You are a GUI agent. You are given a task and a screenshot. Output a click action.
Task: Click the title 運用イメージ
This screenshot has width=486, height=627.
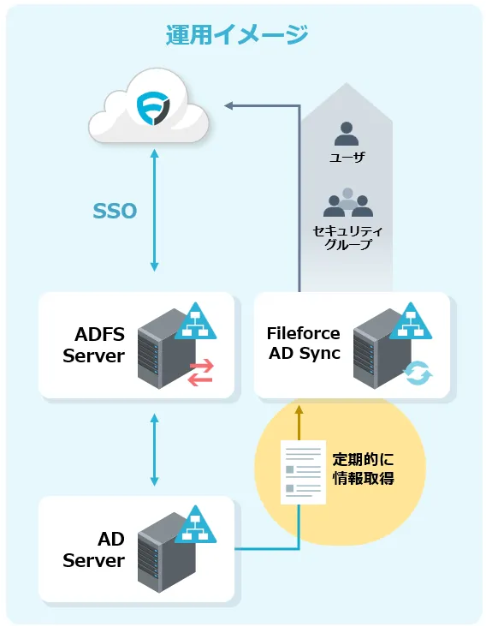click(237, 34)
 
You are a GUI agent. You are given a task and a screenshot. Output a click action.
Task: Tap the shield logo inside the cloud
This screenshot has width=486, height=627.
click(153, 108)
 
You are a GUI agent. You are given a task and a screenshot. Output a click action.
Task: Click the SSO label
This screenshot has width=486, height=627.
click(115, 211)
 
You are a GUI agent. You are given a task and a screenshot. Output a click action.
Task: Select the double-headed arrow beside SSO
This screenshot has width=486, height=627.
click(155, 211)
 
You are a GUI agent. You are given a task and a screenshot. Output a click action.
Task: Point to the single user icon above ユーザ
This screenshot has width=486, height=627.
click(347, 134)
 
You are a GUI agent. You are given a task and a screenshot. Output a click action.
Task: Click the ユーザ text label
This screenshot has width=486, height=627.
click(347, 157)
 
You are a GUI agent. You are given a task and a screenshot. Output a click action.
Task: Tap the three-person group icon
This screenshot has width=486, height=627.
click(348, 202)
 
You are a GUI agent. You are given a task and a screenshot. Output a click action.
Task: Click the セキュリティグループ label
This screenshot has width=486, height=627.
click(347, 237)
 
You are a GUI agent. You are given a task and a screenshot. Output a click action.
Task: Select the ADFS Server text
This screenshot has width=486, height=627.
click(94, 344)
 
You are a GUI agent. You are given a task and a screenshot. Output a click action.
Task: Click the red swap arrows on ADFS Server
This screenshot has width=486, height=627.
click(201, 373)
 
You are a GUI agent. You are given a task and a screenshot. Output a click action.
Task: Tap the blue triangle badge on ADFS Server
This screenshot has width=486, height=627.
click(195, 321)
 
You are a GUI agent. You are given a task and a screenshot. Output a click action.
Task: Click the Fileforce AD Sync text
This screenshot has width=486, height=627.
click(304, 343)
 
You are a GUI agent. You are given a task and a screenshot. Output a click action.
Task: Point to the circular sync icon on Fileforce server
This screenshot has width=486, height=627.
click(418, 373)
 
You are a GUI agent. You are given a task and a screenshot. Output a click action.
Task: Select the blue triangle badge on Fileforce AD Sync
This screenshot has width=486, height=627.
click(411, 321)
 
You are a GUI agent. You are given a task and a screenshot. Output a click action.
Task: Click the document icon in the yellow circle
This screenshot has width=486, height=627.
click(303, 472)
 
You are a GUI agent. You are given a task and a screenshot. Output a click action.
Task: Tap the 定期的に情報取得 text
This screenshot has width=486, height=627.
click(363, 469)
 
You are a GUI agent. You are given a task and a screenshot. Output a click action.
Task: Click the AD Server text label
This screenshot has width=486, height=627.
click(94, 549)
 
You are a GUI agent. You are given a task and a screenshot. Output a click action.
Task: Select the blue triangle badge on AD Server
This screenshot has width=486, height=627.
click(195, 524)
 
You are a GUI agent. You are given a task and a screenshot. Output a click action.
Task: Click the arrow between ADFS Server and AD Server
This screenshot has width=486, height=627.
click(155, 450)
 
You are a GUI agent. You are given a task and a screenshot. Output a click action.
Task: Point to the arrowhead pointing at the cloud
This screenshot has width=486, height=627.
click(228, 105)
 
